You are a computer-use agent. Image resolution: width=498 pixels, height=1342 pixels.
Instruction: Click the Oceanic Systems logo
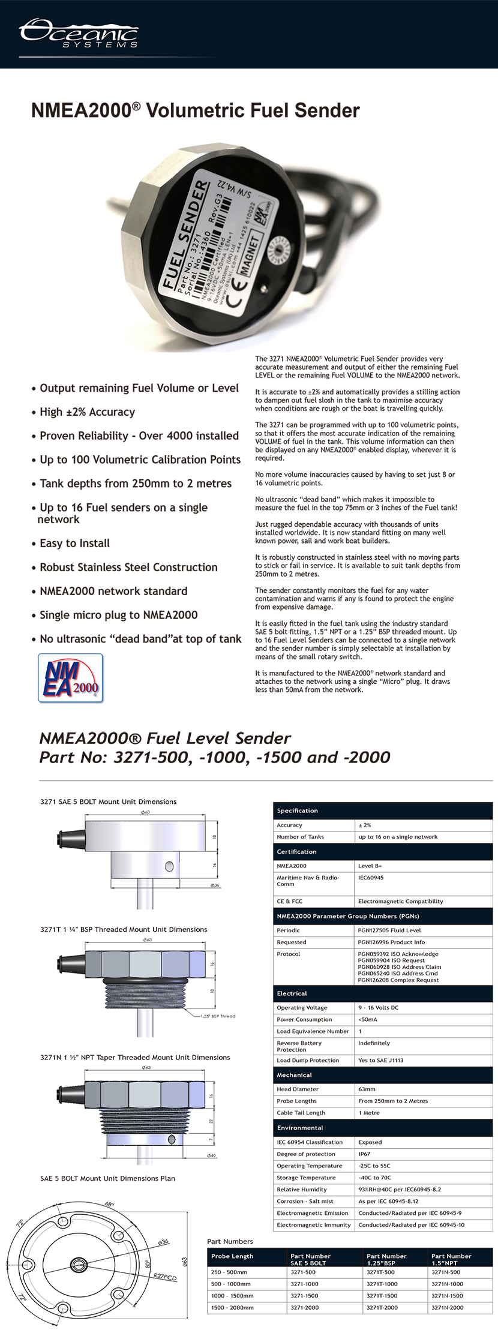click(79, 34)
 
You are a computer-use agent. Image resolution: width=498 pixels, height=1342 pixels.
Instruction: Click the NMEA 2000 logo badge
click(71, 678)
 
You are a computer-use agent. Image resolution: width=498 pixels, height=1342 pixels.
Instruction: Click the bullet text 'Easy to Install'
click(74, 544)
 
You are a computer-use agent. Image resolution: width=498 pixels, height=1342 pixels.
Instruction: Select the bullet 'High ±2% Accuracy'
click(87, 412)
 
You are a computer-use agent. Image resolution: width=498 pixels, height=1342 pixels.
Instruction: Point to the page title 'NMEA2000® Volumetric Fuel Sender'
click(195, 111)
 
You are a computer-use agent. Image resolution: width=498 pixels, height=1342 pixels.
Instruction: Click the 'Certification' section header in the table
click(296, 852)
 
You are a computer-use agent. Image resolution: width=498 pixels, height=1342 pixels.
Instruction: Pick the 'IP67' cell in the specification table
click(364, 1154)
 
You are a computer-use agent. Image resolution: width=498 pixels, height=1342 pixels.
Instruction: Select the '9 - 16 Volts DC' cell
click(378, 1007)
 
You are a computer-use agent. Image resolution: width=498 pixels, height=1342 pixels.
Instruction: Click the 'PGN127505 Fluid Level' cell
click(389, 930)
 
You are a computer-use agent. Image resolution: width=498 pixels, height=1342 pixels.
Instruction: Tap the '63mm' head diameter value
click(367, 1089)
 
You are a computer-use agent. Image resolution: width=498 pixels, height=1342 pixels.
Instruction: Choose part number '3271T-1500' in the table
click(382, 1296)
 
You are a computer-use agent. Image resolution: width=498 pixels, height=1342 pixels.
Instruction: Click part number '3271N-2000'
click(447, 1307)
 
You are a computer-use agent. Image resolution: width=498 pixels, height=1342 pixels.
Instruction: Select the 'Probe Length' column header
click(232, 1256)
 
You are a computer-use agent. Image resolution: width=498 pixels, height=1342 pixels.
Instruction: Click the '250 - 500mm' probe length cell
click(229, 1272)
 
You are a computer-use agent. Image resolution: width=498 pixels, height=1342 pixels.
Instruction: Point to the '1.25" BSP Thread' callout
click(218, 1016)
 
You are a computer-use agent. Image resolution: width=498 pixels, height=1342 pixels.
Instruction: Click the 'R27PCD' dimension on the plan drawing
click(165, 1277)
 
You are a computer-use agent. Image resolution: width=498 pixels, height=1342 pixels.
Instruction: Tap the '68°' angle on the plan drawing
click(109, 1204)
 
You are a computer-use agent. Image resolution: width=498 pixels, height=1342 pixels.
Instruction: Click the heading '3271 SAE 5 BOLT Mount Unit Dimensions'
click(109, 801)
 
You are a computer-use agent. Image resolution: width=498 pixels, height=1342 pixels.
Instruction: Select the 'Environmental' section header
click(300, 1128)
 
